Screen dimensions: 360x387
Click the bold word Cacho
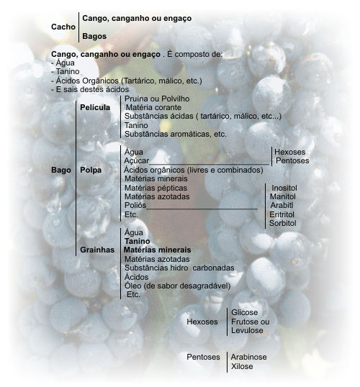coord(63,27)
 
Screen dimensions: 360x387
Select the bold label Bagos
coord(94,36)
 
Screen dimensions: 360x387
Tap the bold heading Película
coord(95,107)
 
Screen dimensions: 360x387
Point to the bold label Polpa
coord(91,170)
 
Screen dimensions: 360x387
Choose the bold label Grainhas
coord(97,250)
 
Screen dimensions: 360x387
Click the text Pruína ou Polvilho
coord(157,99)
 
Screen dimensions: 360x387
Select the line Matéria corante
coord(153,107)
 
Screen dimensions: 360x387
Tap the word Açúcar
coord(136,161)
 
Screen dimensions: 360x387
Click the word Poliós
coord(135,205)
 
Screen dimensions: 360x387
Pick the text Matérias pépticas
coord(156,188)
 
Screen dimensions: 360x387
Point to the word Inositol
coord(284,188)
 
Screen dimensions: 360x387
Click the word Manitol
coord(282,196)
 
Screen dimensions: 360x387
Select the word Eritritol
coord(282,214)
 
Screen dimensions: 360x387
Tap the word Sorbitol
coord(283,223)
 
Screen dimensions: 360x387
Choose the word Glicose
coord(244,312)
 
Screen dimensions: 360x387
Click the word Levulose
coord(247,330)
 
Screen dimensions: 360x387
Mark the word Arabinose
coord(248,357)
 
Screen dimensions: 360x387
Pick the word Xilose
coord(242,366)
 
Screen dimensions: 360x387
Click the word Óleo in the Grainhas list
coord(132,286)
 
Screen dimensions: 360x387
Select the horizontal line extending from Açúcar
coord(209,164)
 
